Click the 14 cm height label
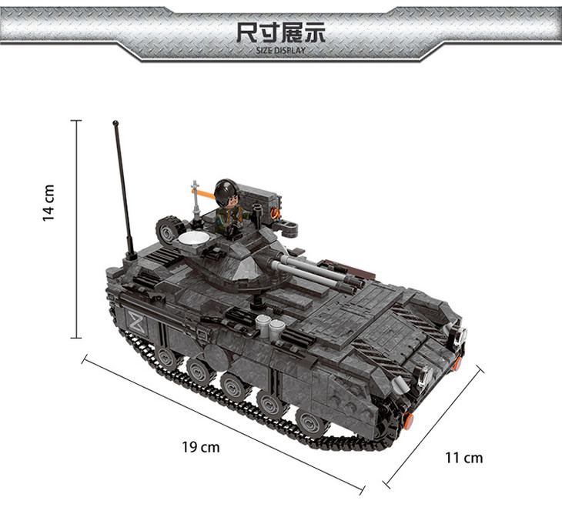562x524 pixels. (49, 203)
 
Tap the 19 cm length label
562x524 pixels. (201, 447)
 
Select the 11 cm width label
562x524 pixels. (463, 458)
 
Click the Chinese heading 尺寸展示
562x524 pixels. (281, 32)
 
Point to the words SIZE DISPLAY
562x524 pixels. (281, 51)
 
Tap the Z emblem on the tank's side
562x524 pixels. (137, 322)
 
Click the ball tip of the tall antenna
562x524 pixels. (115, 123)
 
